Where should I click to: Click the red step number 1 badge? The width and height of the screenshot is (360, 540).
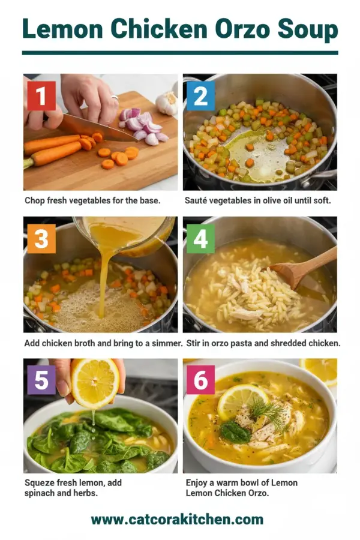coord(41,96)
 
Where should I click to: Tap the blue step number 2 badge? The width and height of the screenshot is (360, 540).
coord(200,96)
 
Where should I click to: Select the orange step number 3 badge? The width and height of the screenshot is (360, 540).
coord(41,239)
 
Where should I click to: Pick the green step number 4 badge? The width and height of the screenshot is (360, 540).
coord(200,239)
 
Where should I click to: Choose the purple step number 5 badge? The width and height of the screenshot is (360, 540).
coord(41,380)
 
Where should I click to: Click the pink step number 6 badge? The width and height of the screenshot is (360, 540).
coord(200,380)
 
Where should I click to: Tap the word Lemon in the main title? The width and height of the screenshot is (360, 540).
coord(59,29)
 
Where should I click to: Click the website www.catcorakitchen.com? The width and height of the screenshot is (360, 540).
coord(177,519)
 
